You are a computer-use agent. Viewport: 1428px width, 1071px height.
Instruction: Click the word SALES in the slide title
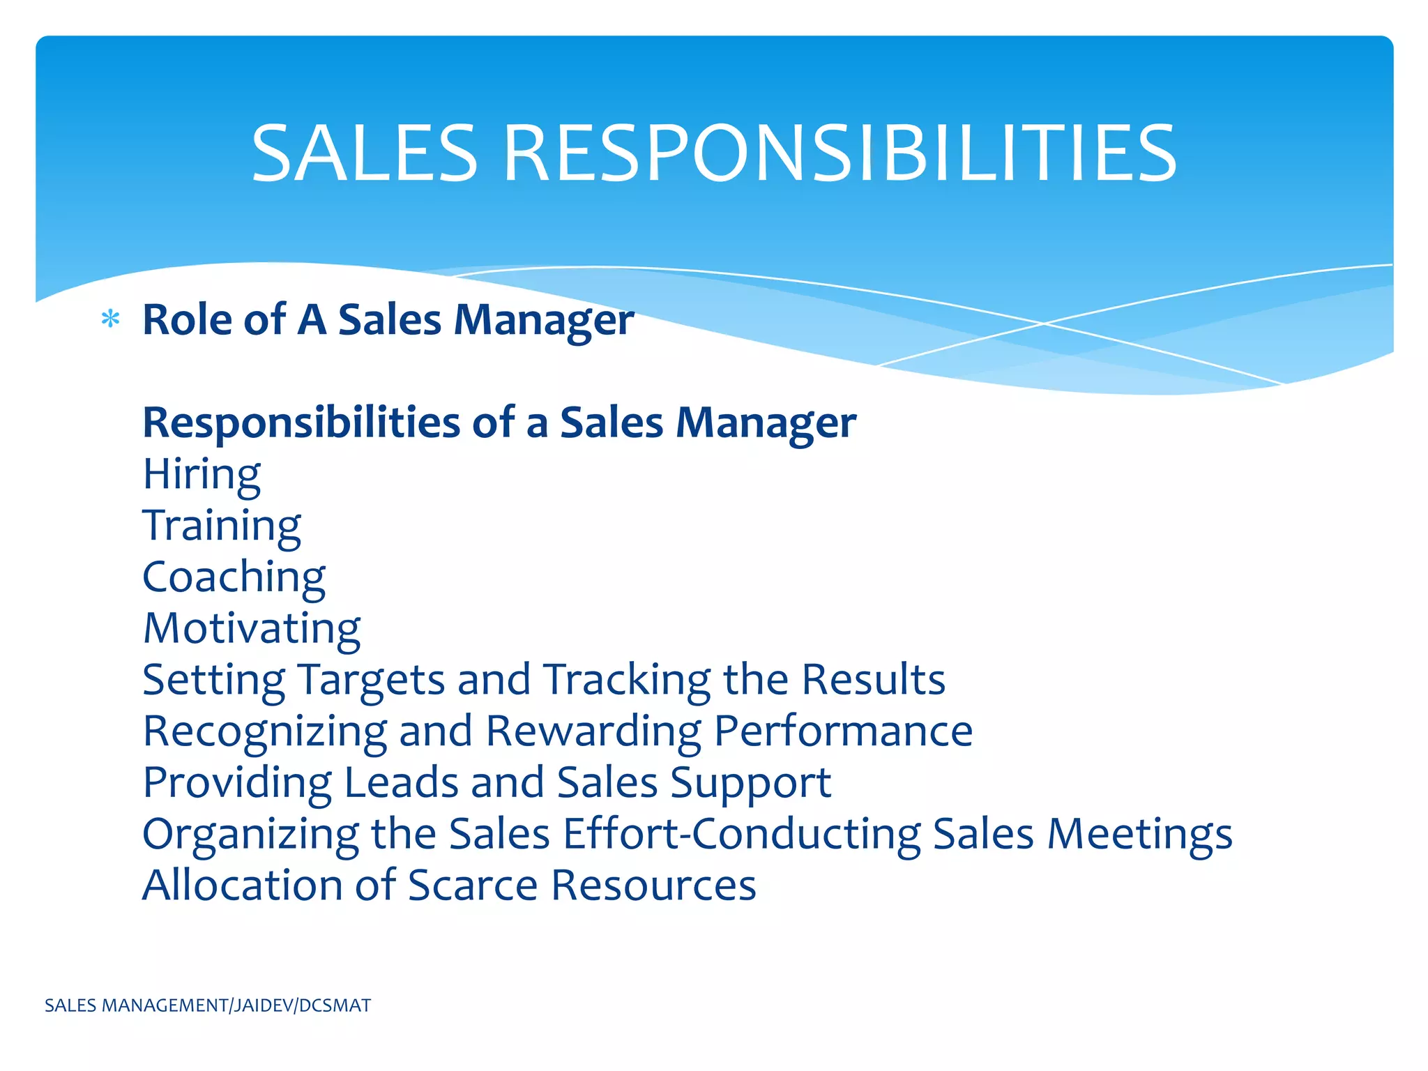coord(364,153)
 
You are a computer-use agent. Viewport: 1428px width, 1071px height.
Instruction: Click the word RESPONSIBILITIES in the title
coord(840,153)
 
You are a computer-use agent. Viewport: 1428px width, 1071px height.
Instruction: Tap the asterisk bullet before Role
coord(110,320)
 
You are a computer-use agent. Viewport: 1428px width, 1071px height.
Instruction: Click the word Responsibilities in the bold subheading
coord(301,423)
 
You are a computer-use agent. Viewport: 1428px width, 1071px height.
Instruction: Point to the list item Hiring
coord(202,475)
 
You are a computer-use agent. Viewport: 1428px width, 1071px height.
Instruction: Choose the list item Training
coord(222,526)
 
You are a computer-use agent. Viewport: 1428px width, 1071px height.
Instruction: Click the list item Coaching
coord(234,577)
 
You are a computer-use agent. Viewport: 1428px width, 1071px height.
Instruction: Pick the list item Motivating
coord(252,628)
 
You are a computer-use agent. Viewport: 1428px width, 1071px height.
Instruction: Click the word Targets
coord(371,680)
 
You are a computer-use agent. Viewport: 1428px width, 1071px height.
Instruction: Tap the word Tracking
coord(627,680)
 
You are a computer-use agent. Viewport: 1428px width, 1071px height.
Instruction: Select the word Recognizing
coord(265,731)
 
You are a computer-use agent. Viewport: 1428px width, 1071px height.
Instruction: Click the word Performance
coord(843,731)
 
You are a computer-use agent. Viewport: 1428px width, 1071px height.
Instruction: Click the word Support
coord(750,783)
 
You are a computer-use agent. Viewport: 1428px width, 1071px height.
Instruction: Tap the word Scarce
coord(473,886)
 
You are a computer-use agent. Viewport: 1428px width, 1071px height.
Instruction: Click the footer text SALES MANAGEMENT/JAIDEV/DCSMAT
coord(208,1005)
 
